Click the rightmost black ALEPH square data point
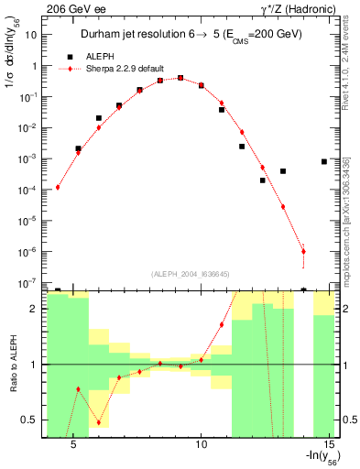tap(324, 161)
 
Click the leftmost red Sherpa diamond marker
tap(58, 187)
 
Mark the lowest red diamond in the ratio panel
tap(99, 422)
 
